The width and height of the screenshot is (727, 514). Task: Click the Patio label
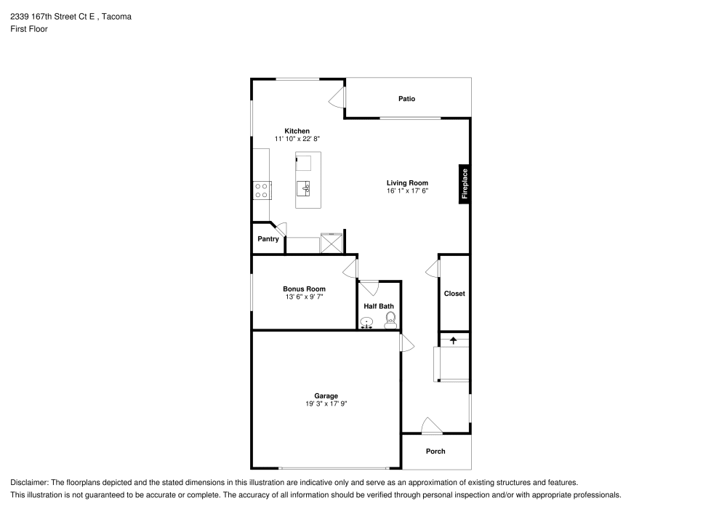tap(406, 99)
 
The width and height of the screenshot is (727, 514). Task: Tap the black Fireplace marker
tap(464, 185)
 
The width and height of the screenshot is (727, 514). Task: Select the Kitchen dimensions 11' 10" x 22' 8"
tap(297, 139)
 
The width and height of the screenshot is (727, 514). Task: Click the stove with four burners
tap(262, 190)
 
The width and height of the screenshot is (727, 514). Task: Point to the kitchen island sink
tap(305, 188)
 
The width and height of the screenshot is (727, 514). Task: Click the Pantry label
tap(268, 239)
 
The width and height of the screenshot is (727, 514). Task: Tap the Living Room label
tap(407, 183)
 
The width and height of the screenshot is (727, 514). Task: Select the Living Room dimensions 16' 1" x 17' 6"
tap(407, 191)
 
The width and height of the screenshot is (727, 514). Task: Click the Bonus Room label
tap(304, 289)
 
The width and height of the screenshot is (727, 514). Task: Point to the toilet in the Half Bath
tap(390, 318)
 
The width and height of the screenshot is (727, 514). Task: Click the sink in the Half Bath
tap(368, 322)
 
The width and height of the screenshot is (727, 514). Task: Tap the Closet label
tap(454, 294)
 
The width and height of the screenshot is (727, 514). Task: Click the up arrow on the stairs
tap(454, 340)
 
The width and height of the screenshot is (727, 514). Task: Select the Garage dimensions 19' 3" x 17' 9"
tap(326, 404)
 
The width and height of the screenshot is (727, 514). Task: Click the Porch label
tap(435, 451)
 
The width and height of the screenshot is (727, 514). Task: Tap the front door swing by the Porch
tap(430, 426)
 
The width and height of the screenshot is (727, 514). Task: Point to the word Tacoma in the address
tap(118, 16)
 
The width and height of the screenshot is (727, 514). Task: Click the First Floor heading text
tap(29, 29)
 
